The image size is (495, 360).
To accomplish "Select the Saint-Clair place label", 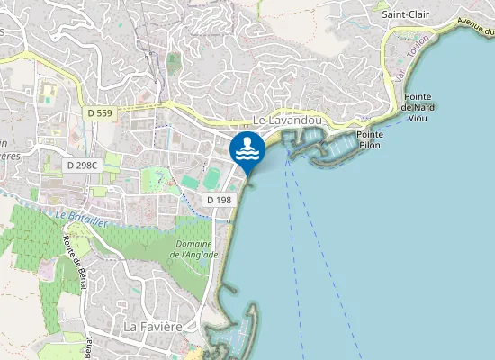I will point(406,14).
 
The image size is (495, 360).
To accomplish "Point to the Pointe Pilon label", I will point(371,139).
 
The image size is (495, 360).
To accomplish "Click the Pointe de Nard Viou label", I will point(420,106).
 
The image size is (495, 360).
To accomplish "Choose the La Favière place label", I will point(153,325).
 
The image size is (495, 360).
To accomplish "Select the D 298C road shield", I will point(83,166).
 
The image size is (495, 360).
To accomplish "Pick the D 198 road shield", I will point(219,199).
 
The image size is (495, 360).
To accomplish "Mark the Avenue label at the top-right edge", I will point(476,29).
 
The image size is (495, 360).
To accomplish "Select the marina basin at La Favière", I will point(236,337).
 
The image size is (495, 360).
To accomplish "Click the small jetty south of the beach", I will point(227,291).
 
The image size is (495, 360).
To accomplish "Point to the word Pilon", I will point(371,144).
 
